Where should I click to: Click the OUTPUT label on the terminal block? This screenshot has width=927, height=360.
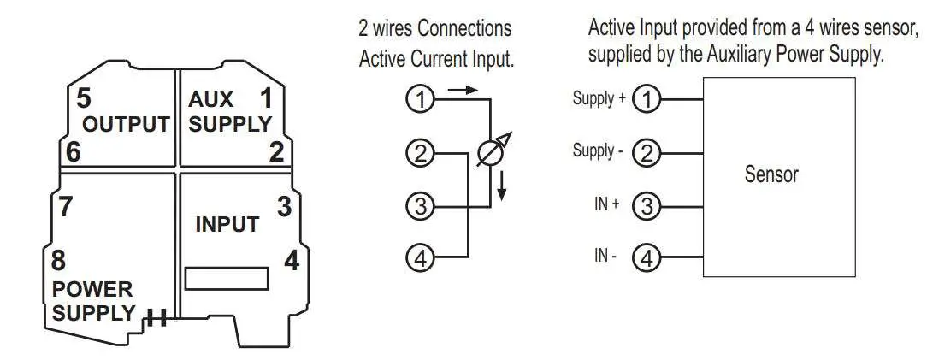click(125, 124)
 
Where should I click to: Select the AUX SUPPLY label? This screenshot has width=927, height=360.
click(228, 113)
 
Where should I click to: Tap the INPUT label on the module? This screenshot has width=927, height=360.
click(227, 225)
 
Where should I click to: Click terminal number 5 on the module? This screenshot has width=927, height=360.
click(83, 97)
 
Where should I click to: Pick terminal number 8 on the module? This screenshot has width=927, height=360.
click(60, 259)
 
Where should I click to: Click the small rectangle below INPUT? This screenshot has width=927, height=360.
click(227, 279)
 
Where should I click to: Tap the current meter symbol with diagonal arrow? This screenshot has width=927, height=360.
click(491, 155)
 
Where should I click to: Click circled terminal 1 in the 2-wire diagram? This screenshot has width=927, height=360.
click(419, 100)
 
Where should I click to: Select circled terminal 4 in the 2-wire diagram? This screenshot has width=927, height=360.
click(419, 257)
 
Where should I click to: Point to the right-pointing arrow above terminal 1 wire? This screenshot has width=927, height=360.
click(459, 88)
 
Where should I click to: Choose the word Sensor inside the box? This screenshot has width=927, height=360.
click(771, 175)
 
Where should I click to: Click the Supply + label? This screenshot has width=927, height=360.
click(593, 99)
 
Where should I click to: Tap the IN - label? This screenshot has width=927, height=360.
click(605, 257)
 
